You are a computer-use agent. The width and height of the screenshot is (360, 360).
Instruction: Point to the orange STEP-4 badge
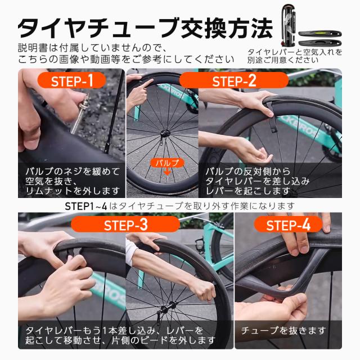(x=288, y=226)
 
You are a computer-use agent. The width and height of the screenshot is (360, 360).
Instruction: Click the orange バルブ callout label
(x=166, y=163)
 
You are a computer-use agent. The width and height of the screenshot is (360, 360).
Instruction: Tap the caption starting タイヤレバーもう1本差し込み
(x=118, y=335)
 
